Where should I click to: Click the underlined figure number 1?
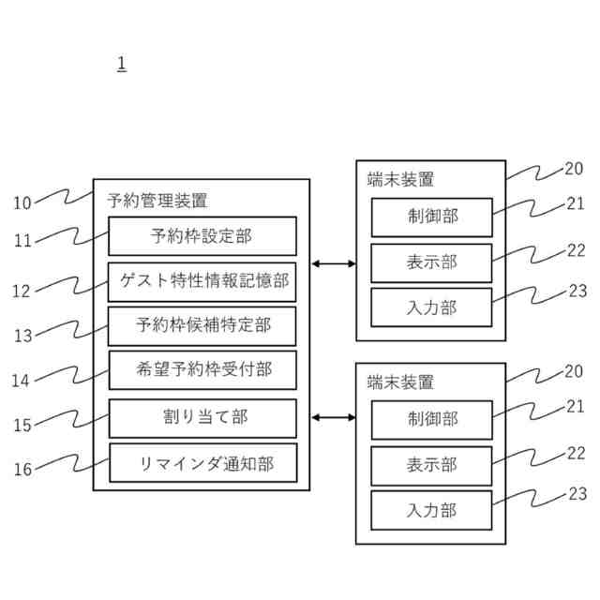point(122,65)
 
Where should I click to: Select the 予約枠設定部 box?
point(202,236)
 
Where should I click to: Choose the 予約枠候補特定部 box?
point(202,326)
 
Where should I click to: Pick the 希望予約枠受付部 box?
point(202,370)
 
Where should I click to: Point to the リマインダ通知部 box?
point(202,463)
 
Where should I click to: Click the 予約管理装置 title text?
point(157,200)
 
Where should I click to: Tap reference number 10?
point(22,202)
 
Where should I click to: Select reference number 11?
point(22,241)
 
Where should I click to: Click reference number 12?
point(22,291)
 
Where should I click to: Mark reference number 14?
point(22,381)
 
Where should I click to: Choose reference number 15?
point(22,425)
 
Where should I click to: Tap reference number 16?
point(22,470)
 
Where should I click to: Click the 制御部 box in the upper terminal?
point(431,217)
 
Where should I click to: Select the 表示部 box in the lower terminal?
point(431,466)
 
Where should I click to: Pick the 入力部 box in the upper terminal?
point(431,307)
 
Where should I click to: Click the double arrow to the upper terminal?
point(333,264)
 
